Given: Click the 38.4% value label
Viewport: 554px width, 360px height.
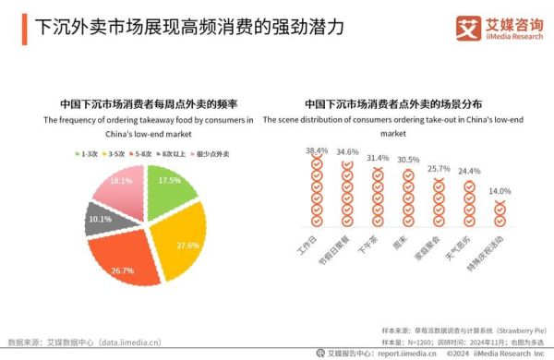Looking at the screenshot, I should coord(317,150).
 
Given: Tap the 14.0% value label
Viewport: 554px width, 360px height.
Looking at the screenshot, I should coord(500,191).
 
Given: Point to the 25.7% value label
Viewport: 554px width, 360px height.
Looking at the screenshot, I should coord(439,169).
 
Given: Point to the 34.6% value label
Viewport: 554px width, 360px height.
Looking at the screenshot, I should coord(347,152).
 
